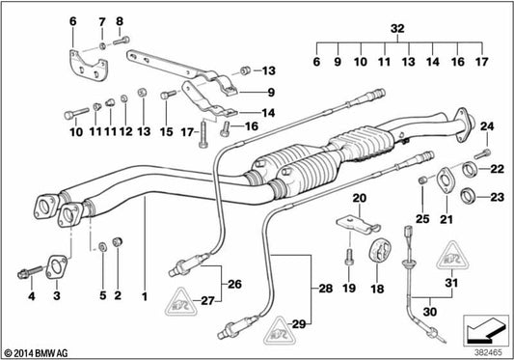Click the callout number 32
[x=396, y=29]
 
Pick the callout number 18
[x=374, y=287]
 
